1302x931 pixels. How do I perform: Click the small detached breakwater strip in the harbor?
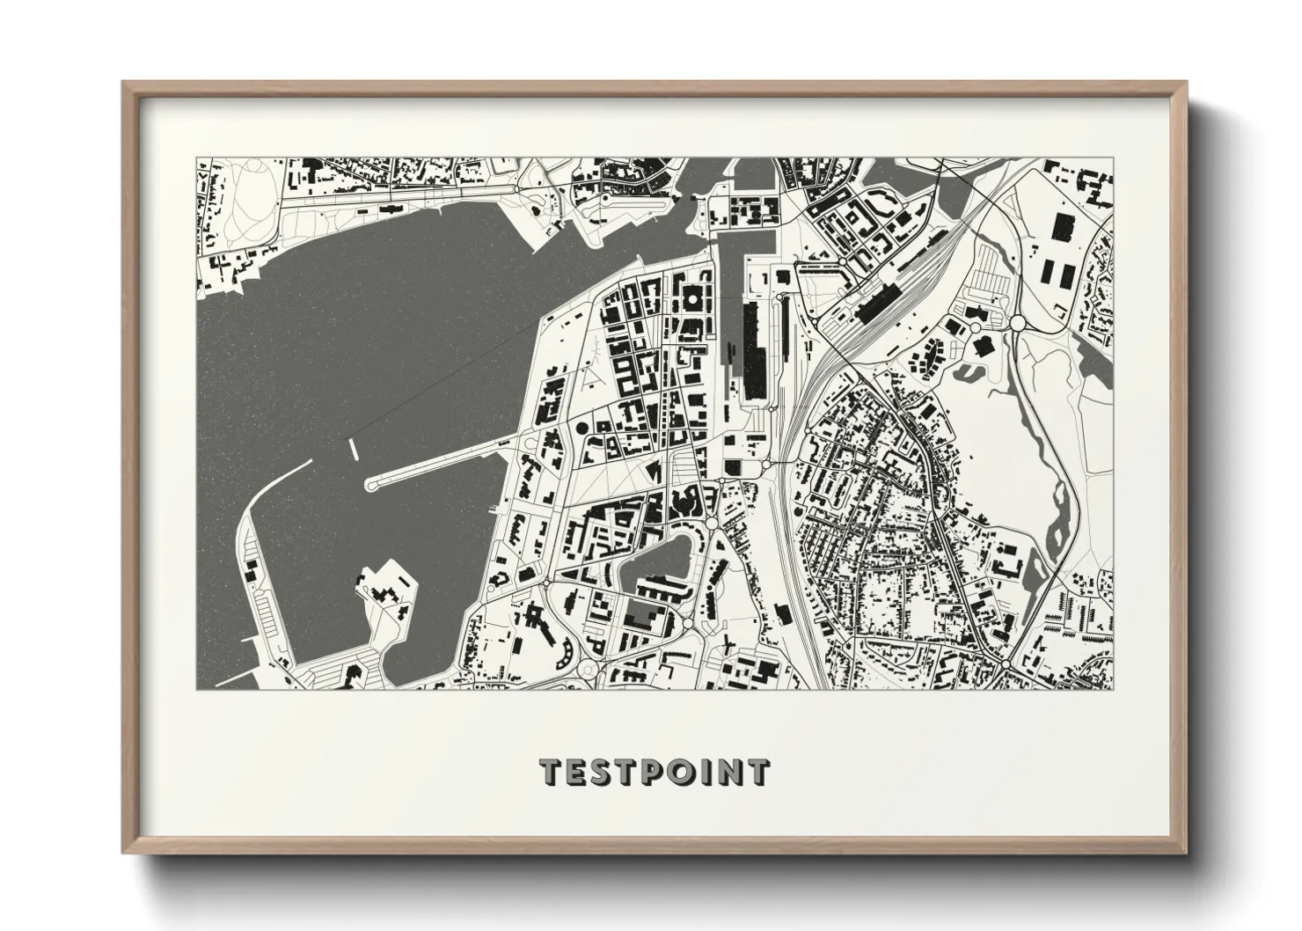click(354, 448)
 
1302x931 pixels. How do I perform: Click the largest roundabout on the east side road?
click(1017, 324)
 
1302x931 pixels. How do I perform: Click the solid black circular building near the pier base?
click(582, 429)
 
